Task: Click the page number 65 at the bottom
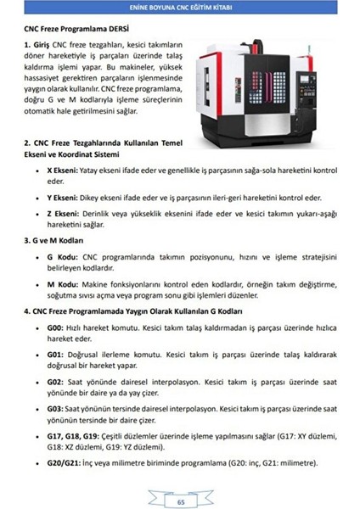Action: (180, 501)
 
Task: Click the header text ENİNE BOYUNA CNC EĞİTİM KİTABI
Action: (180, 9)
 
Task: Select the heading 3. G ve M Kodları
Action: (59, 241)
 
